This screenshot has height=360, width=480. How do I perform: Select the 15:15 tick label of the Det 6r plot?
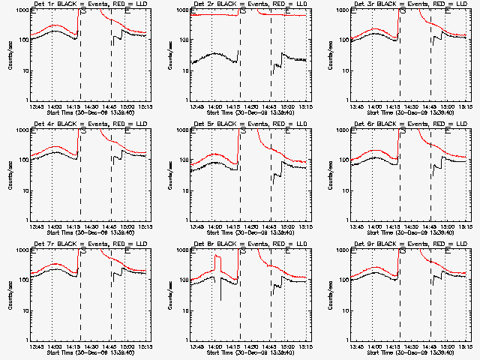(464, 226)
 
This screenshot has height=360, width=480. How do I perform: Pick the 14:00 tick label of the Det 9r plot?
(375, 345)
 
